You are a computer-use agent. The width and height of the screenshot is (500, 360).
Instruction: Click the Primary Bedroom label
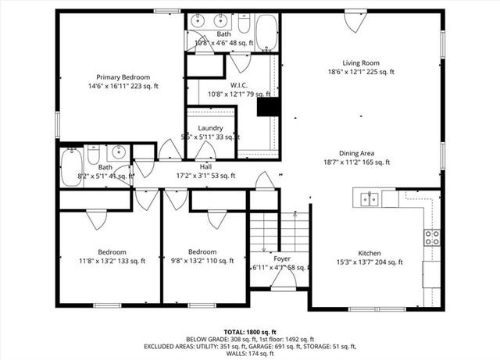123,77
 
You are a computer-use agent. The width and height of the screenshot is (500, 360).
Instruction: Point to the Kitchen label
370,253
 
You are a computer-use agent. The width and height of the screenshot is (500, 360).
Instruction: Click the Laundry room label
210,128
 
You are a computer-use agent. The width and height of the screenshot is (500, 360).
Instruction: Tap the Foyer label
282,258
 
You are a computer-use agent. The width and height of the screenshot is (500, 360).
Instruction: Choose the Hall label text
205,166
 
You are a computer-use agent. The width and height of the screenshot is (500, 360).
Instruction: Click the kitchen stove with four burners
431,237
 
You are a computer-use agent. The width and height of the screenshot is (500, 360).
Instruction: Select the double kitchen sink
369,199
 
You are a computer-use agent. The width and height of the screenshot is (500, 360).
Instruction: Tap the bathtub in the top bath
266,32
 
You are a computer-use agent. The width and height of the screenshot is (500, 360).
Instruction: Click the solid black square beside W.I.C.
268,106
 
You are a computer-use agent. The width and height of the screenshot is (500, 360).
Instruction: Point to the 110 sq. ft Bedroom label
202,251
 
